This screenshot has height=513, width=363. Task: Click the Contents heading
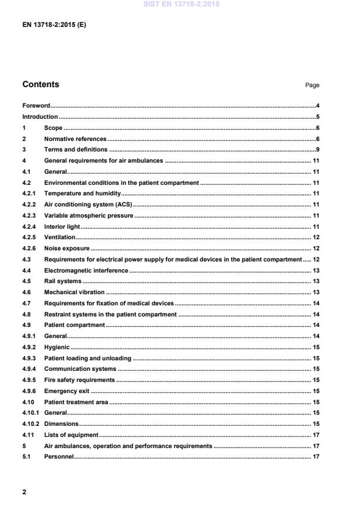pos(40,84)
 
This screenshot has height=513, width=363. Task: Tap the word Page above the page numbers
pos(312,85)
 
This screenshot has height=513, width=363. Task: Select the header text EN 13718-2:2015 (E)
pos(54,25)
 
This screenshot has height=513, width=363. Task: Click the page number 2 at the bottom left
pos(24,492)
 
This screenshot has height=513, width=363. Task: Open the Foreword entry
pos(36,106)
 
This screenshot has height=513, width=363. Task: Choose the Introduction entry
pos(40,117)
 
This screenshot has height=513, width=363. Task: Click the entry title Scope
pos(53,128)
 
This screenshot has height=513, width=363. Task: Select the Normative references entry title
pos(75,139)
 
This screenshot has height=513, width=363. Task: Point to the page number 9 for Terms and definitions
pos(317,150)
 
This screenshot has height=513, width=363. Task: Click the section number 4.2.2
pos(29,205)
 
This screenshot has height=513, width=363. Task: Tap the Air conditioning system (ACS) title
pos(88,205)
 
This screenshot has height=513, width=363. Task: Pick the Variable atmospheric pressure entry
pos(88,215)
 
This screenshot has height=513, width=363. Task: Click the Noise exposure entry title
pos(67,249)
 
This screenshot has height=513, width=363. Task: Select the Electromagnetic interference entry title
pos(86,270)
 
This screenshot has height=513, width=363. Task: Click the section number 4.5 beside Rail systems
pos(26,281)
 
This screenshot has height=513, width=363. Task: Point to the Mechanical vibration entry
pos(74,292)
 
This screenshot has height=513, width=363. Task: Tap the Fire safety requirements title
pos(79,380)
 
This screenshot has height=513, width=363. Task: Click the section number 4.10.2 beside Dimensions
pos(31,424)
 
